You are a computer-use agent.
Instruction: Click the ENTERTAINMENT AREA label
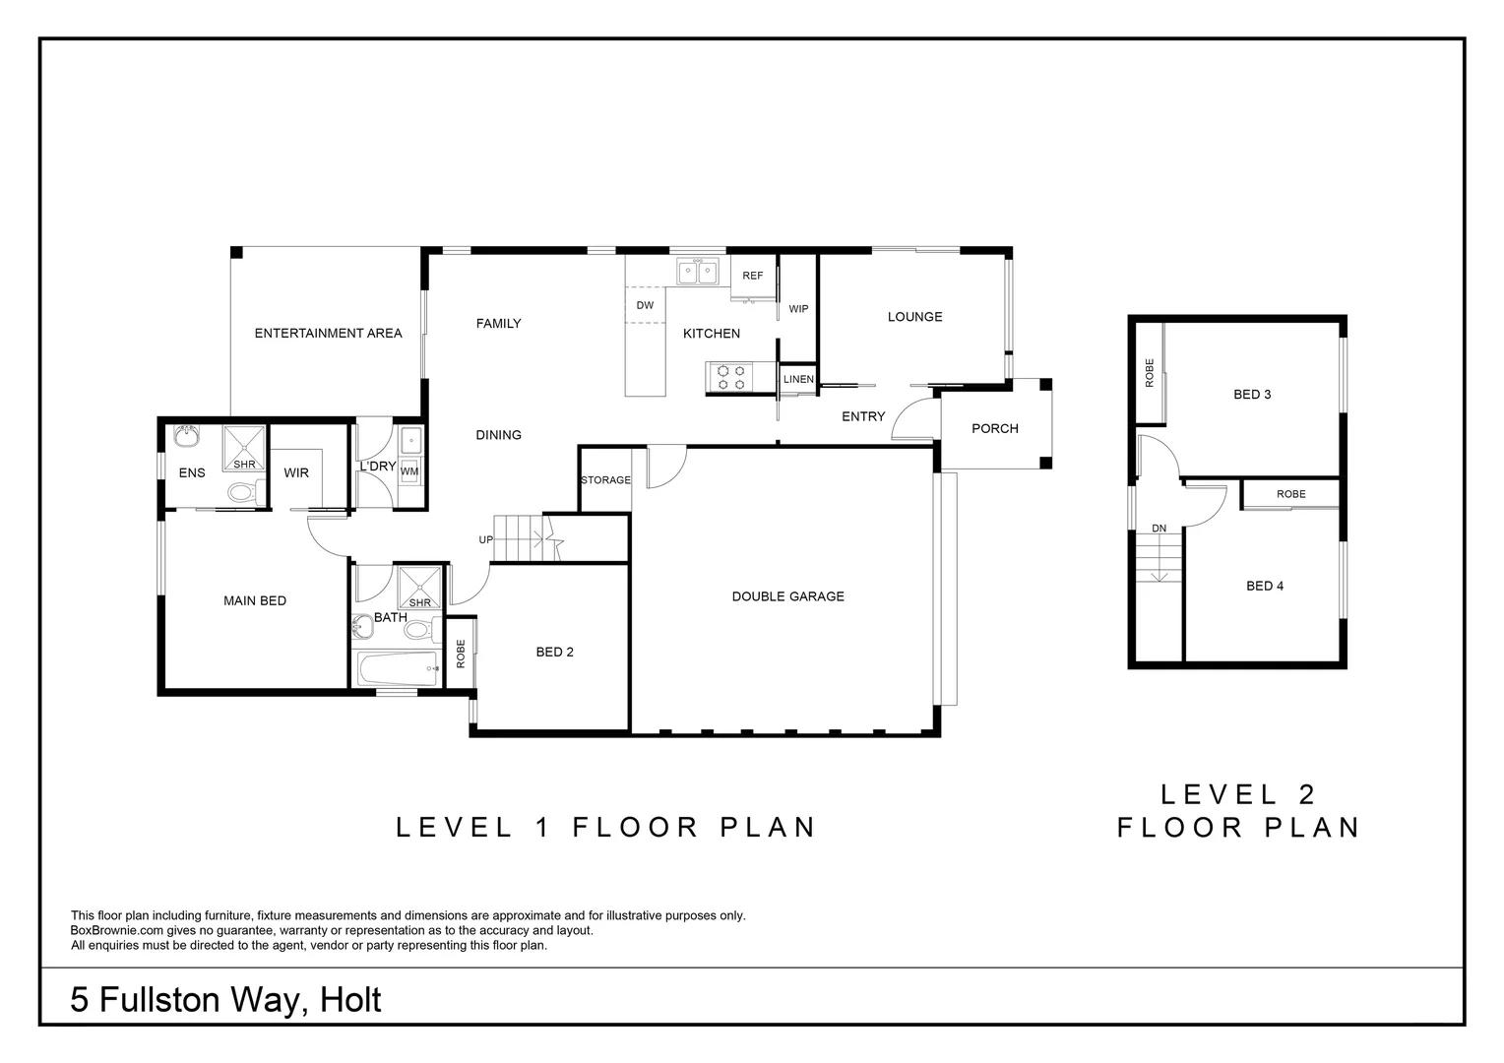[x=328, y=333]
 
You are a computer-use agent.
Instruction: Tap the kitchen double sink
[x=698, y=273]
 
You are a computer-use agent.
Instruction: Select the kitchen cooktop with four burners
[x=730, y=377]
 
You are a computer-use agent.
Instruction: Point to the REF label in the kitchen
[x=753, y=276]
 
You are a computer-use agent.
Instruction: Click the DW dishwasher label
[x=645, y=305]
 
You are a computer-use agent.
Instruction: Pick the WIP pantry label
[x=798, y=309]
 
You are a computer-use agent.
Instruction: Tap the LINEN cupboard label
[x=798, y=379]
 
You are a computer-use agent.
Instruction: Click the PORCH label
[x=994, y=428]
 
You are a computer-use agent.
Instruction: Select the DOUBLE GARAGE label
[x=787, y=596]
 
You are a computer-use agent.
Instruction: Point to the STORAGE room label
[x=605, y=480]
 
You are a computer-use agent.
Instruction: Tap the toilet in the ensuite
[x=246, y=493]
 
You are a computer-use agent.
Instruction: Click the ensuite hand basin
[x=186, y=436]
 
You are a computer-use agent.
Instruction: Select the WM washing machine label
[x=409, y=471]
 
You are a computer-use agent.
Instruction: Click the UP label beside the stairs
[x=485, y=540]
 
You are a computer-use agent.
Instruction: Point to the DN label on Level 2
[x=1159, y=529]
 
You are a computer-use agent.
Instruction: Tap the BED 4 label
[x=1264, y=587]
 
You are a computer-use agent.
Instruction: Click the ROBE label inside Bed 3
[x=1149, y=373]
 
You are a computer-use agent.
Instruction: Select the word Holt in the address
[x=349, y=1000]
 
